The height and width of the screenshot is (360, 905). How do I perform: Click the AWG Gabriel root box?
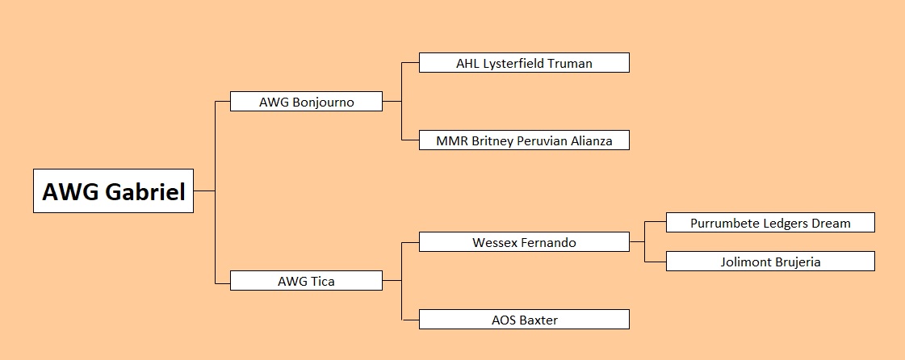(113, 191)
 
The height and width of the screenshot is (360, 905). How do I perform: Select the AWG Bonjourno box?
(306, 102)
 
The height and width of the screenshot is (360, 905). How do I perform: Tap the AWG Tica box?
(306, 281)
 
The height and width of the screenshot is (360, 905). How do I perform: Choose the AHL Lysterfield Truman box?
(524, 63)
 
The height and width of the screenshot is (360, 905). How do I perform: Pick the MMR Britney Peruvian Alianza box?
(524, 140)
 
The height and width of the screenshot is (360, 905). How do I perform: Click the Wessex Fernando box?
(524, 242)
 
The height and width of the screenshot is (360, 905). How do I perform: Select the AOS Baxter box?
(524, 320)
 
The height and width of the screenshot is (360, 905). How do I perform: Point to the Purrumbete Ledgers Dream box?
(770, 223)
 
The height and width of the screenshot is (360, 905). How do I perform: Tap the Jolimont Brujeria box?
(770, 262)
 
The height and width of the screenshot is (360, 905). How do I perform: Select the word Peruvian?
(542, 140)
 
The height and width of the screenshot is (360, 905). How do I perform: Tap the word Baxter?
(539, 320)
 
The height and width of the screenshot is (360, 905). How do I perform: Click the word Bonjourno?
(323, 103)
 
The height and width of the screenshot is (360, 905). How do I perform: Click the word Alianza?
(592, 140)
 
